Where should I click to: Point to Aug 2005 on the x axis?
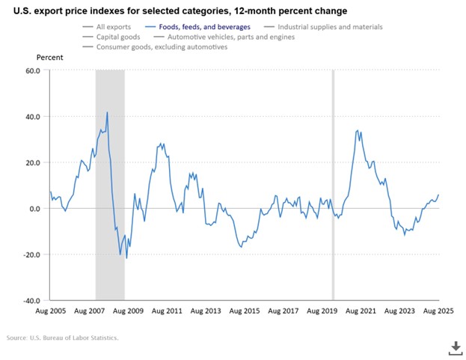click(x=50, y=310)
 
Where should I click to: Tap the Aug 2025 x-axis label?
click(x=438, y=310)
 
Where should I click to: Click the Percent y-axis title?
click(x=49, y=57)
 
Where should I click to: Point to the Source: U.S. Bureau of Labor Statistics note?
click(x=63, y=338)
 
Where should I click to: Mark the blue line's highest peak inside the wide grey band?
click(x=108, y=112)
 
